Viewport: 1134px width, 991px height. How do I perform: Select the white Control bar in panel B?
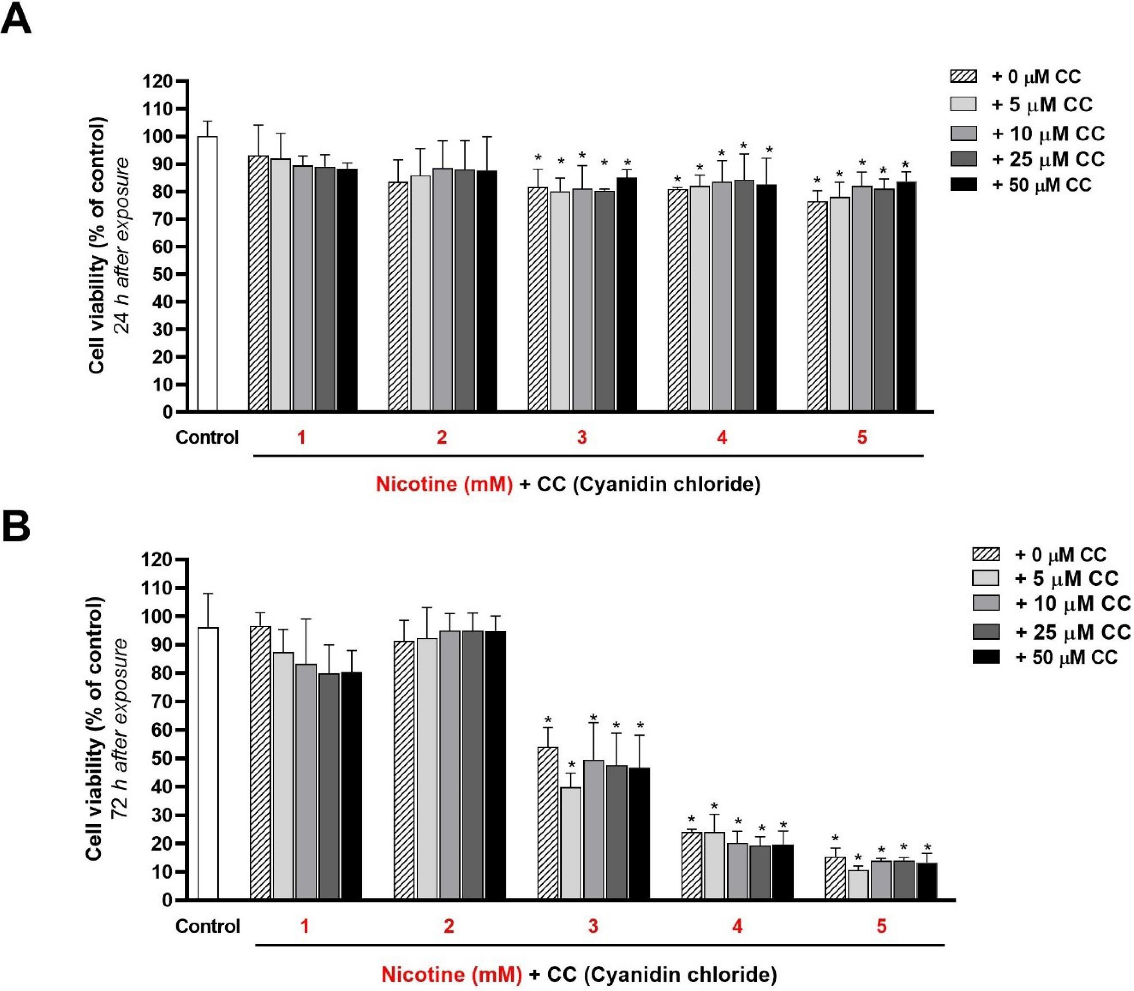tap(208, 763)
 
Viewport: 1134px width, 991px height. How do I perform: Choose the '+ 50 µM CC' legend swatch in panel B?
tap(985, 657)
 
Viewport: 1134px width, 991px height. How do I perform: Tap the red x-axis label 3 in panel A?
tap(582, 437)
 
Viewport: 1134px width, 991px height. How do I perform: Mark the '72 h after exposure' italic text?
tap(120, 730)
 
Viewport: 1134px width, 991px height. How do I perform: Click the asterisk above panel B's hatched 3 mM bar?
tap(548, 720)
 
